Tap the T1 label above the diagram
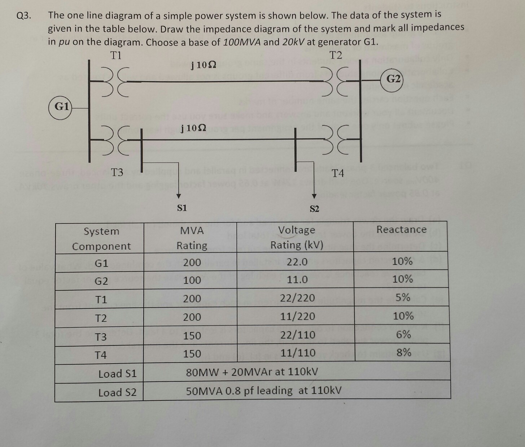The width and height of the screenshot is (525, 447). (116, 55)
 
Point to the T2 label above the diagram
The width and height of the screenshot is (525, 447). (336, 55)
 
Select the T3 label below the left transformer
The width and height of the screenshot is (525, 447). (117, 172)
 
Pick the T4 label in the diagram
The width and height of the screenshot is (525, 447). (338, 173)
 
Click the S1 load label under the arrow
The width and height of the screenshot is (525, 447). (182, 208)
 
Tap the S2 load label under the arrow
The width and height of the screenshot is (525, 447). (314, 209)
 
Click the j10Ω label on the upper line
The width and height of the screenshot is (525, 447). (204, 65)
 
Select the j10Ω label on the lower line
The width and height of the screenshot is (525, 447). (194, 128)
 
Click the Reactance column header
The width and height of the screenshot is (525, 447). (401, 230)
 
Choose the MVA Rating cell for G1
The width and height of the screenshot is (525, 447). (192, 262)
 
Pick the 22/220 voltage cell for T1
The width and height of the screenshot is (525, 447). (297, 298)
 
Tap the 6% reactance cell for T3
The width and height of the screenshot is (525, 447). (403, 335)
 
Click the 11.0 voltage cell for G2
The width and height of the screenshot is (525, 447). (297, 280)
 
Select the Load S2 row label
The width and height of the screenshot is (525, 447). (117, 392)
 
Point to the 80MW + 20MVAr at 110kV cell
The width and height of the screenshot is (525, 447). (252, 372)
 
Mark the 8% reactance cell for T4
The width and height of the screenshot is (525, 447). (403, 352)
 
